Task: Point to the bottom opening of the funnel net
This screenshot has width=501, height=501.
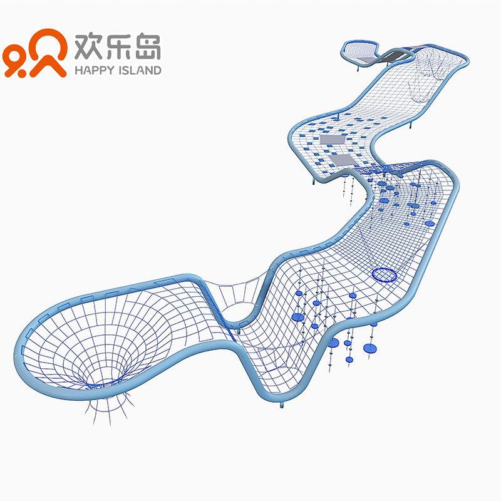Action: (x=108, y=377)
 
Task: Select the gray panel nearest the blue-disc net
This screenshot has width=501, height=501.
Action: (x=342, y=160)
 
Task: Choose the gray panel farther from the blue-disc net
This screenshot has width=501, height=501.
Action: (x=330, y=140)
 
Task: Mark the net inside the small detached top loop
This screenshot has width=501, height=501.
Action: (x=361, y=50)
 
